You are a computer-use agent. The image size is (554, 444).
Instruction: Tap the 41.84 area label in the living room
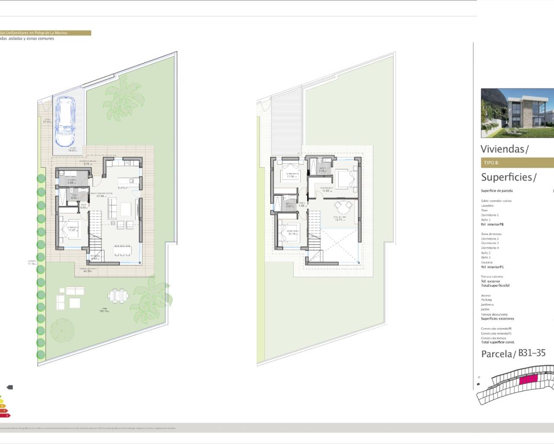coord(100,196)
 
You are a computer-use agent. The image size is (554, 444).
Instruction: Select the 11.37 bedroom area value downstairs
coord(72,230)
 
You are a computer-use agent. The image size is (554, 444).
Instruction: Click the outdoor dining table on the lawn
coord(119,296)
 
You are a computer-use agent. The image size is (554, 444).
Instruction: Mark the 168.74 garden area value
coord(104,311)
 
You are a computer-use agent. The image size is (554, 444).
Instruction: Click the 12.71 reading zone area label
coord(338,220)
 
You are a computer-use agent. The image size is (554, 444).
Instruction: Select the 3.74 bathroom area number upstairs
coord(322,171)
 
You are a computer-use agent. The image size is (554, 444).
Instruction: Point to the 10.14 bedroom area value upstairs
coord(292,234)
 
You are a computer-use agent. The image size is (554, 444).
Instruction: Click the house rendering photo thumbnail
coord(517,113)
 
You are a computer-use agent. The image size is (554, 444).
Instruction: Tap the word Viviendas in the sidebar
coord(502,149)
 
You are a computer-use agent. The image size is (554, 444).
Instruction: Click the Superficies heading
coord(506,177)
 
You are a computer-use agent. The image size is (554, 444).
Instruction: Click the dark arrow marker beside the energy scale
coord(10,387)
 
